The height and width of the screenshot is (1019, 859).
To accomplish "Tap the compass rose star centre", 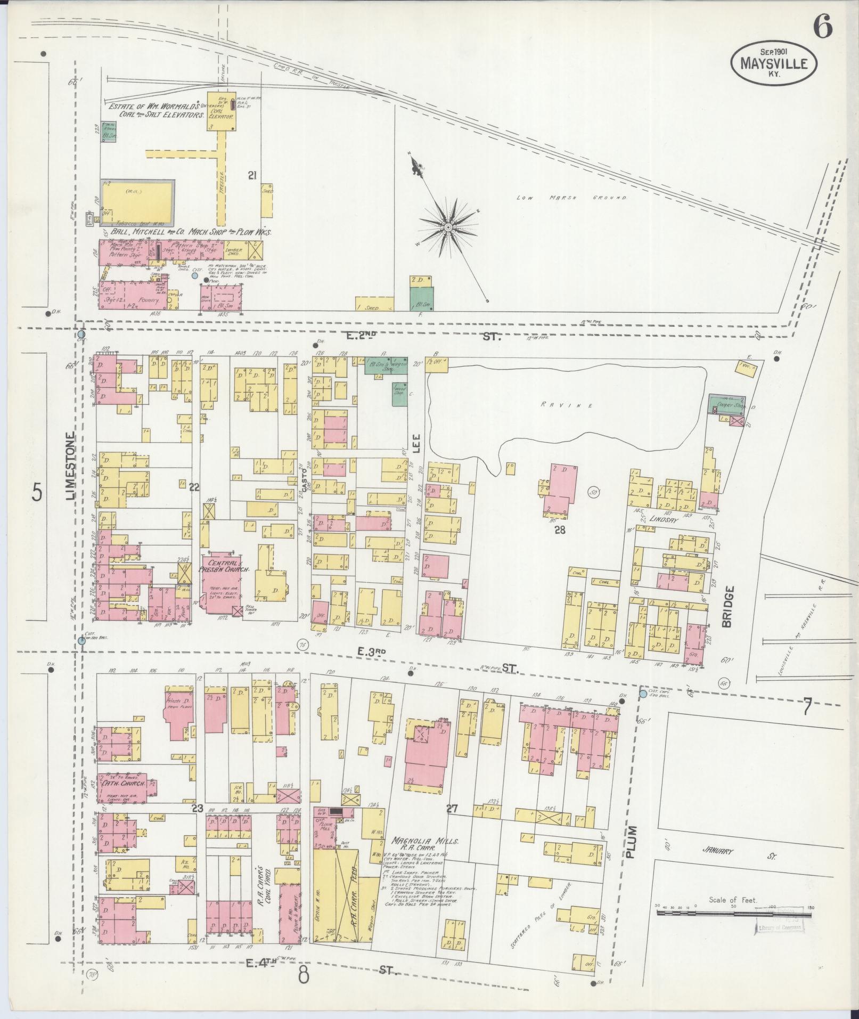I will click(x=448, y=227).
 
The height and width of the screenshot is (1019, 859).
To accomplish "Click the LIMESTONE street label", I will click(x=72, y=467).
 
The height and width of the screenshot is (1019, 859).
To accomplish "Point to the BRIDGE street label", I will click(x=729, y=606).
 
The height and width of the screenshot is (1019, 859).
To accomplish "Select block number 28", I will click(x=559, y=529).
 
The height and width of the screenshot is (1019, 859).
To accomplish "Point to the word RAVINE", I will click(x=567, y=405).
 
